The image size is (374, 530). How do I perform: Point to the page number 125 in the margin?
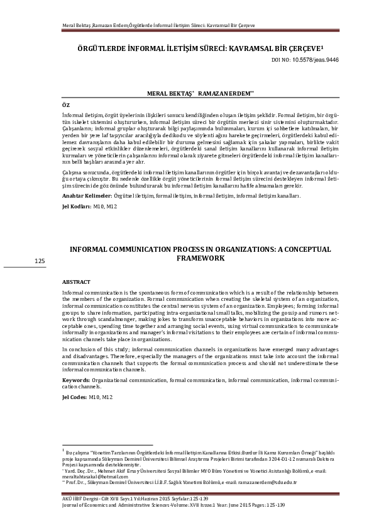coord(40,261)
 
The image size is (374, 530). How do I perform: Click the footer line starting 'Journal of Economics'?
coord(170,504)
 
